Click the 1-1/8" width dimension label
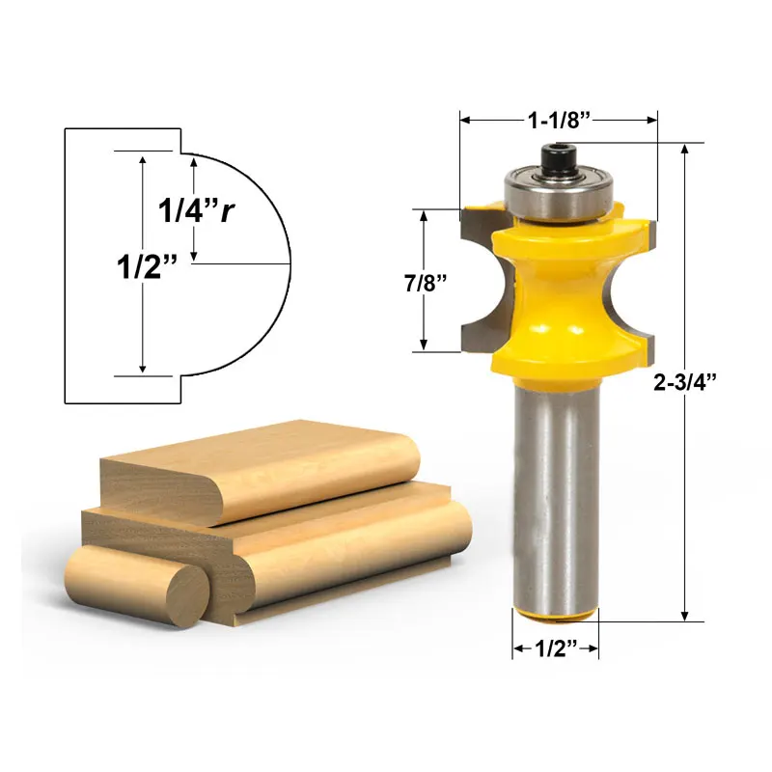559,120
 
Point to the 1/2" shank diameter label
555,649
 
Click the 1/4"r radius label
197,209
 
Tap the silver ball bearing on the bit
558,193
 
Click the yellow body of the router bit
558,299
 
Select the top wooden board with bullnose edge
261,473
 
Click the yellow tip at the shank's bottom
554,616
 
